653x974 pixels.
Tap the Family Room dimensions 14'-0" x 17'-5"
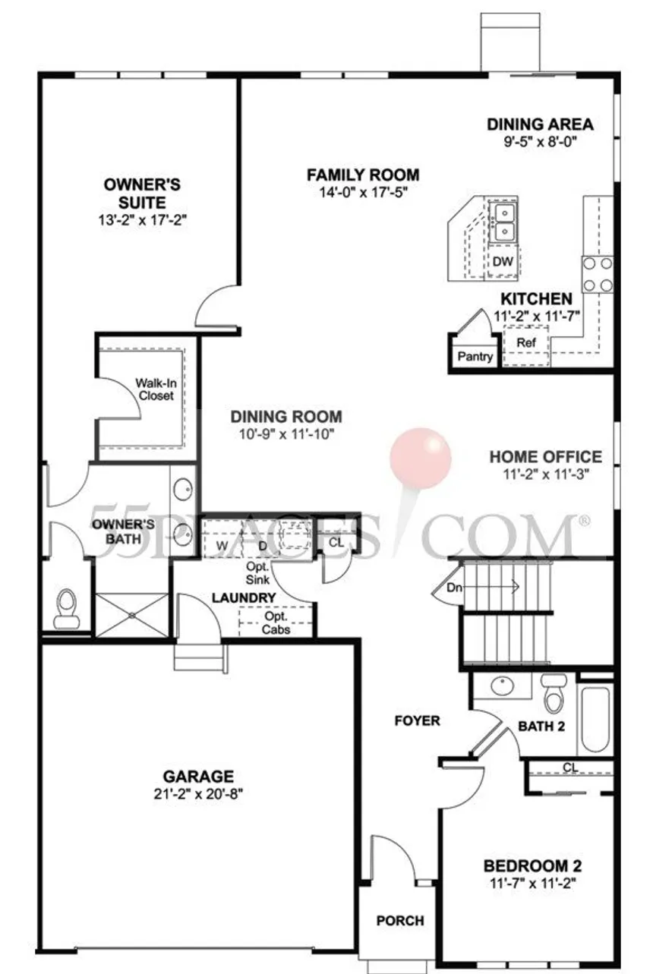(363, 192)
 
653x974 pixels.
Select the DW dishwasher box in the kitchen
(503, 261)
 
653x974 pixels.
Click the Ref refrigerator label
(526, 343)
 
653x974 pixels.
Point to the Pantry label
(475, 357)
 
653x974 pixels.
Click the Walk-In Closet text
(155, 389)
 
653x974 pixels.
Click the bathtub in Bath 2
(595, 718)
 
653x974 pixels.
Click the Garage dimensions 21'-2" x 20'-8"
(198, 794)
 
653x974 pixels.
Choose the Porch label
(400, 921)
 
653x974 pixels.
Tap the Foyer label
(417, 720)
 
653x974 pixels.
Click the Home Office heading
(545, 457)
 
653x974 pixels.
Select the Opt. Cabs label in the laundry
(276, 623)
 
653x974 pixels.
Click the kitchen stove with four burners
(598, 275)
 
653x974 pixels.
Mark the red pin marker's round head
(421, 457)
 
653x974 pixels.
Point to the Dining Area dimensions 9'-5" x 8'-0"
(539, 141)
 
